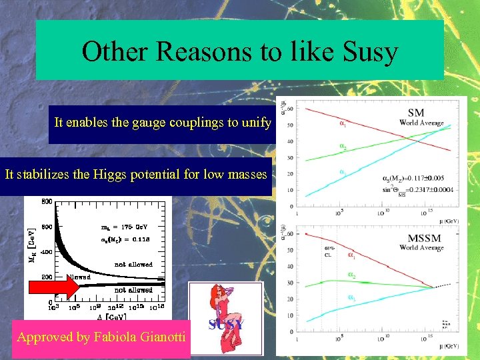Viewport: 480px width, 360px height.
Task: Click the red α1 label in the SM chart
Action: (x=343, y=123)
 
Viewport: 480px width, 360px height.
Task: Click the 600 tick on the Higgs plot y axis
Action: (x=47, y=227)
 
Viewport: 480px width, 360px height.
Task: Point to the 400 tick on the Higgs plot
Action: (x=47, y=252)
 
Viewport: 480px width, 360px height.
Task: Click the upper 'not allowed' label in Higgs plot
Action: (x=133, y=265)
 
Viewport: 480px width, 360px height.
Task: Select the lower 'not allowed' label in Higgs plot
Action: (x=133, y=290)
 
